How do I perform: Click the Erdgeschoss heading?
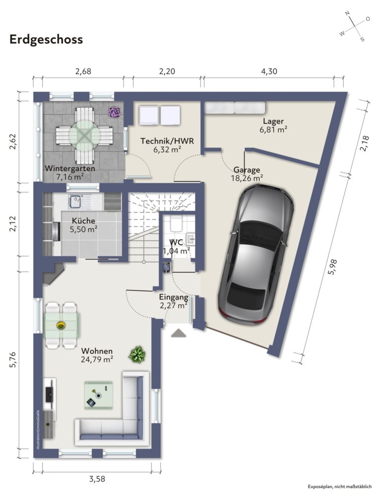pos(46,40)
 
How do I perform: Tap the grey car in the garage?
pos(256,255)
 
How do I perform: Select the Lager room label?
pos(273,121)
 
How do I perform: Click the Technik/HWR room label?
pos(167,141)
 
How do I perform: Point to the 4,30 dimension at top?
pos(269,71)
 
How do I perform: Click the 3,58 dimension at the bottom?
pos(97,479)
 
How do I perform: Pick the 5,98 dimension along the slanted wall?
pos(332,267)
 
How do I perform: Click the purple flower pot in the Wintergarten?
pos(114,112)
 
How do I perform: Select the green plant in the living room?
pos(137,355)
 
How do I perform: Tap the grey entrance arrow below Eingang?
pos(179,333)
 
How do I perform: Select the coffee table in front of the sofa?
pos(98,395)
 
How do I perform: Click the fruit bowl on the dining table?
pos(61,325)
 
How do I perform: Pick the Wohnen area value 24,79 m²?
pos(97,359)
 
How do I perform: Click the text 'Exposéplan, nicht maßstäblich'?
pos(340,487)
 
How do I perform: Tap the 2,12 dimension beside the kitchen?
pos(13,224)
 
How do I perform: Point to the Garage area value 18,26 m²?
pos(247,178)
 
